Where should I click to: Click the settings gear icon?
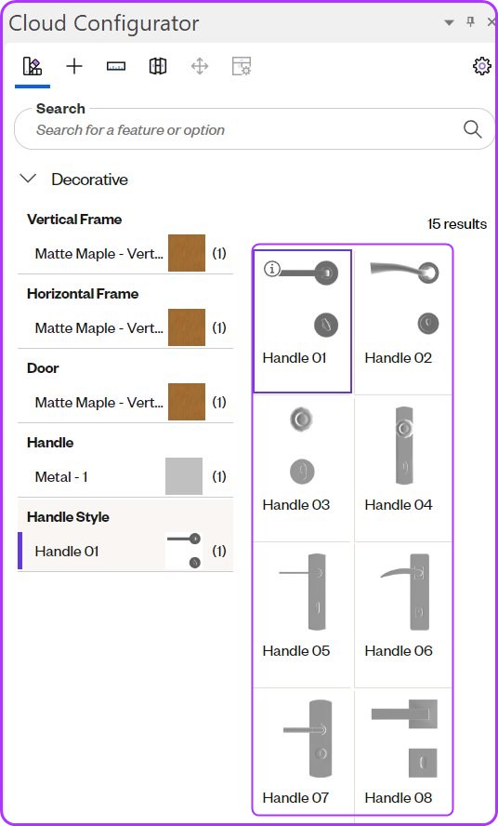click(481, 66)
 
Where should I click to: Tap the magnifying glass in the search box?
click(472, 129)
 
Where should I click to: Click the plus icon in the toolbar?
click(74, 66)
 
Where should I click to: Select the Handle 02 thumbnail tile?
click(403, 321)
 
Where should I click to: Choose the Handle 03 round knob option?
click(302, 468)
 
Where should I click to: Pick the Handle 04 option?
click(403, 468)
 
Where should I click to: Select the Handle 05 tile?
click(302, 614)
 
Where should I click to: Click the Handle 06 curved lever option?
click(403, 614)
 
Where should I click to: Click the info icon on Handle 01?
click(271, 269)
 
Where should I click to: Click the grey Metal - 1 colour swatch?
click(184, 476)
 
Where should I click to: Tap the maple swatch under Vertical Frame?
click(187, 253)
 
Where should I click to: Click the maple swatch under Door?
click(187, 402)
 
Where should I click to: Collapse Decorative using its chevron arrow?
click(28, 179)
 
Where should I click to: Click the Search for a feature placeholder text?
click(130, 130)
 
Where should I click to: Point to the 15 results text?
click(457, 224)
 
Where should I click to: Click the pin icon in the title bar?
click(471, 21)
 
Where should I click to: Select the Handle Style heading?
click(68, 517)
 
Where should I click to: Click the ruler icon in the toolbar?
click(116, 66)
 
